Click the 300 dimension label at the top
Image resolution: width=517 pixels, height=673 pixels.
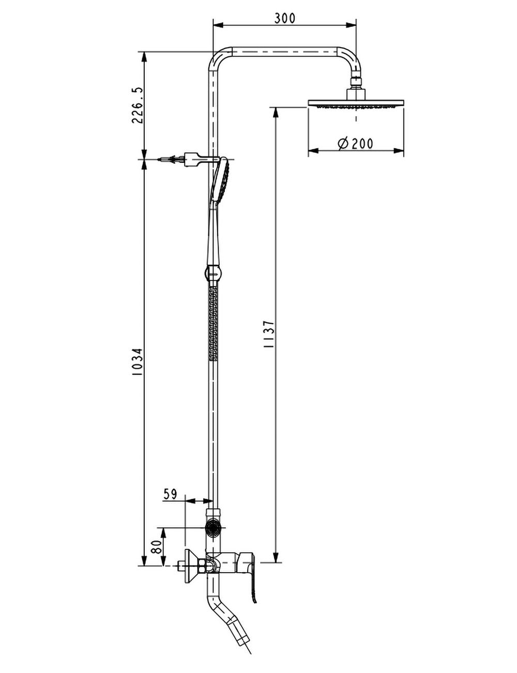284,18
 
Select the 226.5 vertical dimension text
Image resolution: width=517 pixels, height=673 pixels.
138,105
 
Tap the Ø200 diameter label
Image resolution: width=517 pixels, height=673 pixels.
355,143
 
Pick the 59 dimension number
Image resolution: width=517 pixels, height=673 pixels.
170,494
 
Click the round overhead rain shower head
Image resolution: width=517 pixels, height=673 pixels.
356,103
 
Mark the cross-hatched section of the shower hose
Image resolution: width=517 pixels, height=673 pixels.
213,323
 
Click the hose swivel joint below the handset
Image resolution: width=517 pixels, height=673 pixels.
213,272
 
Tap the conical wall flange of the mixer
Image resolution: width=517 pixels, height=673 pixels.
190,567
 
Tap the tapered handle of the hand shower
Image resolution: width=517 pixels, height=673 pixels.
214,233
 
